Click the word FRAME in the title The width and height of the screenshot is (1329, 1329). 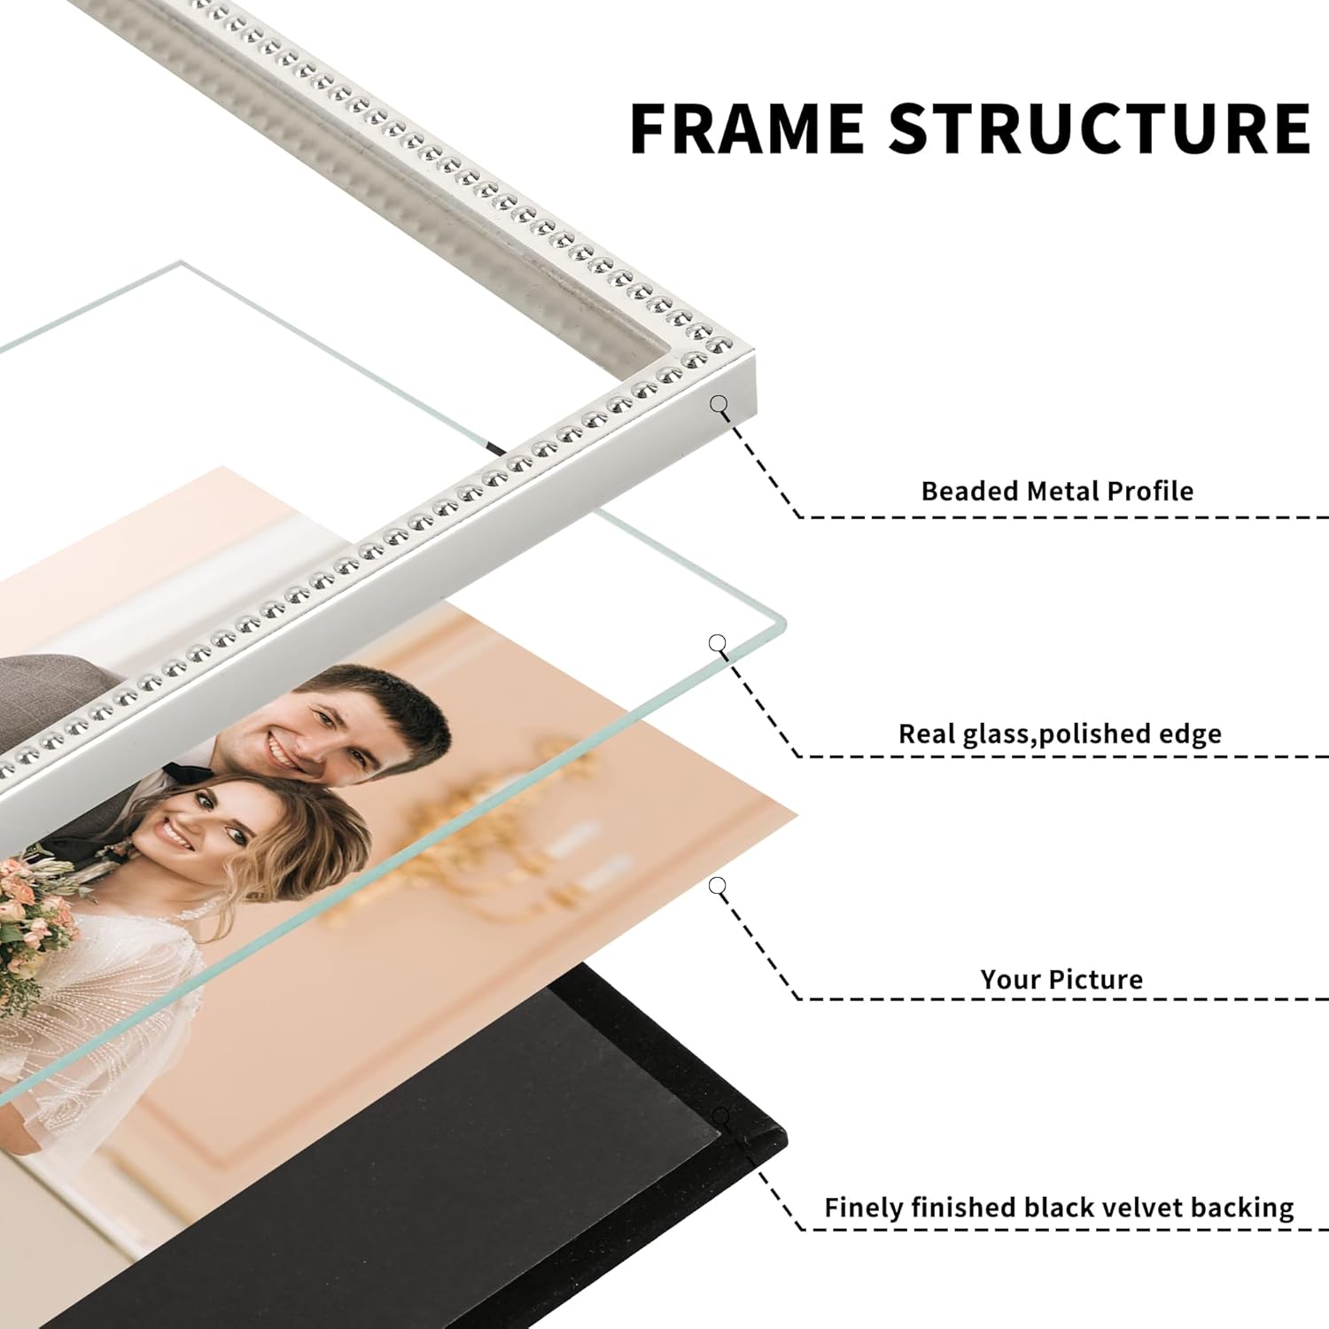coord(747,128)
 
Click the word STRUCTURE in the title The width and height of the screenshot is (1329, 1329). coord(1100,128)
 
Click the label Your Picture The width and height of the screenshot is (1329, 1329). coord(1061,979)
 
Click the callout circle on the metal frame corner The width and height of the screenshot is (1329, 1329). coord(719,404)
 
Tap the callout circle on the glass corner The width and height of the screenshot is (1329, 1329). coord(718,643)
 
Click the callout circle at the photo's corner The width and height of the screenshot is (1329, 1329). coord(718,885)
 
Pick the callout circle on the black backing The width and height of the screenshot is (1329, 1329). coord(722,1115)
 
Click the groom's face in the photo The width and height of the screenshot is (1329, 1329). coord(282,732)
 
